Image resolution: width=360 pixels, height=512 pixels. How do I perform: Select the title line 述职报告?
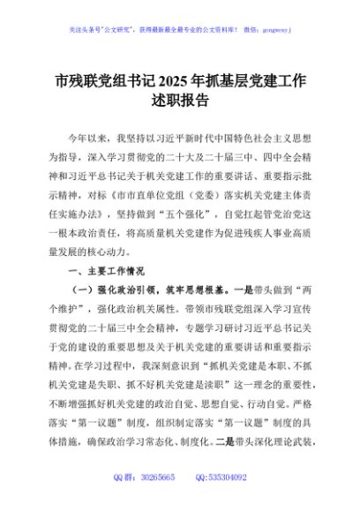click(x=179, y=102)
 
